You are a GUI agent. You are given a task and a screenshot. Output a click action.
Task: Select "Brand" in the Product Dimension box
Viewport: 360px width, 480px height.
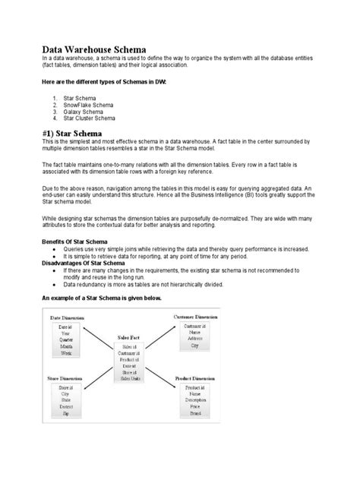[x=196, y=415]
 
